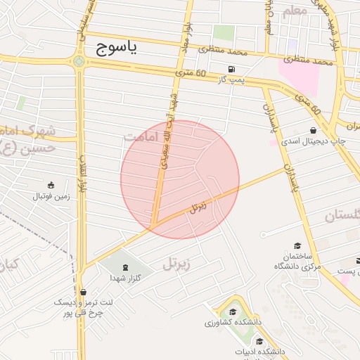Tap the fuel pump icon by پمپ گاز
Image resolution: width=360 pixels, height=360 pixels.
(x=231, y=70)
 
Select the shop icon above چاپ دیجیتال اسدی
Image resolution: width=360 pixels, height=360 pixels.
(x=313, y=130)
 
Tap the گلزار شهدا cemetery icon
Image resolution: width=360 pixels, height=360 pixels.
(x=126, y=266)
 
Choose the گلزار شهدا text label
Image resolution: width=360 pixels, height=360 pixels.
(x=126, y=278)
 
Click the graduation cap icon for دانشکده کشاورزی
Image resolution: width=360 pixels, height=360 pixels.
(x=233, y=311)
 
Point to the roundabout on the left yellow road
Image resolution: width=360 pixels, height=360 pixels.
(x=79, y=61)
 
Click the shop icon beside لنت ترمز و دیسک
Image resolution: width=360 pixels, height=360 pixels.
(x=84, y=292)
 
